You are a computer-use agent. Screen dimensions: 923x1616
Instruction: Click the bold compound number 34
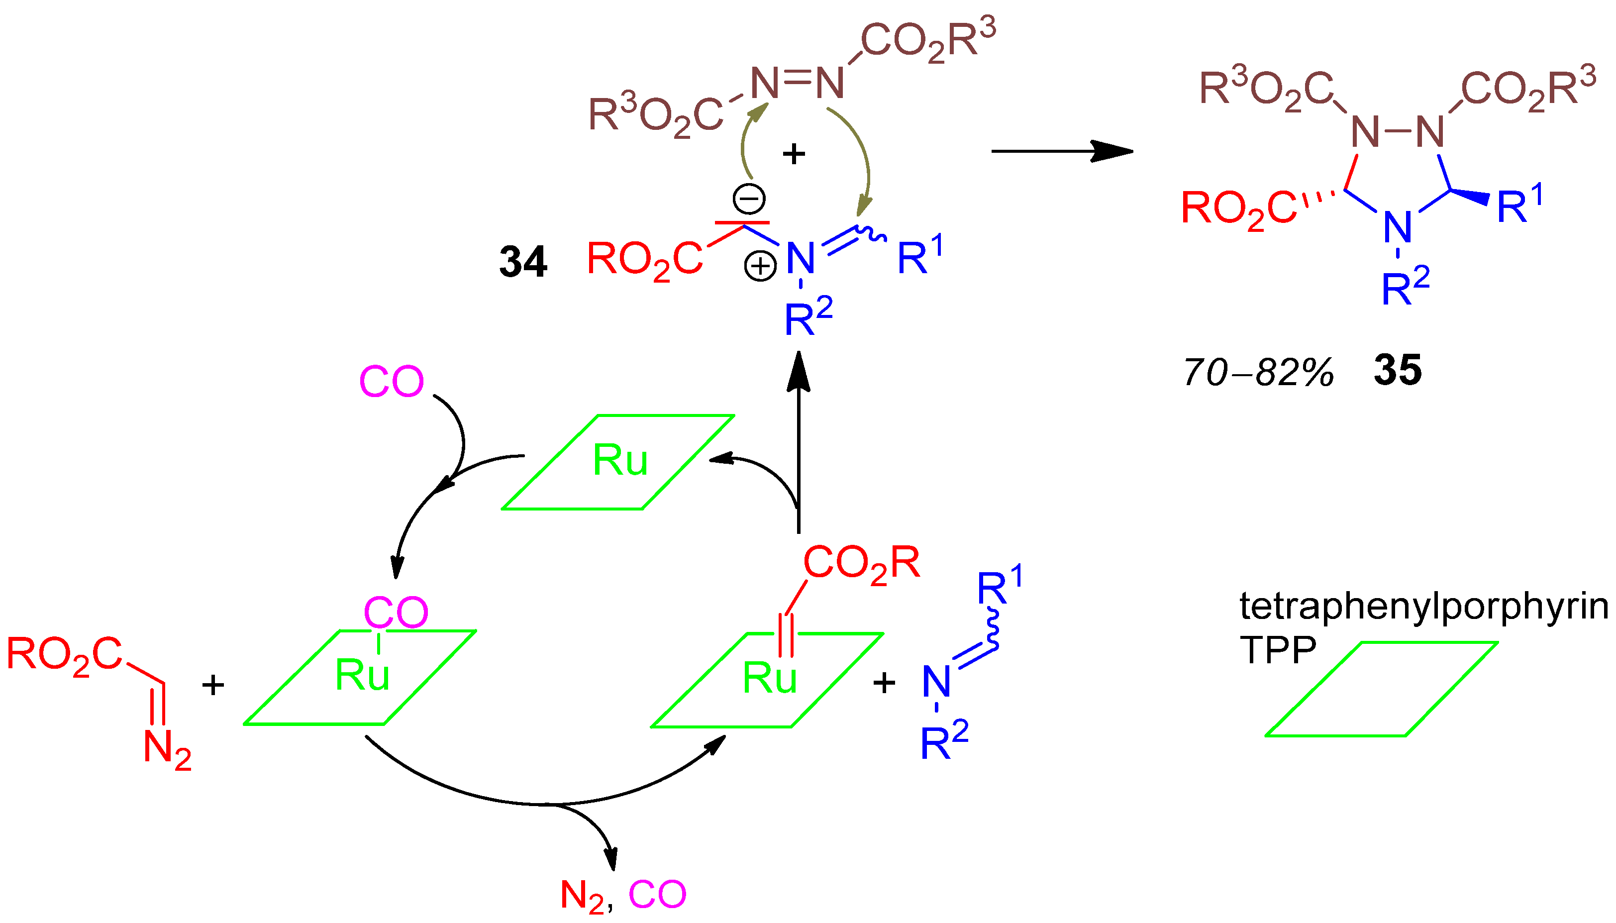[x=523, y=262]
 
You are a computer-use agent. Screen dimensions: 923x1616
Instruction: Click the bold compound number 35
[x=1398, y=370]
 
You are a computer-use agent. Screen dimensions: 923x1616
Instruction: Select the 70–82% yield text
[x=1258, y=373]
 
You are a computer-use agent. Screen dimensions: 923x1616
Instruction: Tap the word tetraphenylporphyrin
[x=1423, y=607]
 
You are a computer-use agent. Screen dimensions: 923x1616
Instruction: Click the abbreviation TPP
[x=1278, y=650]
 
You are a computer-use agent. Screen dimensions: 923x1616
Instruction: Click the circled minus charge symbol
[x=749, y=199]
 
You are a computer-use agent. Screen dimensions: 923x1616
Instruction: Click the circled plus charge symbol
[x=760, y=266]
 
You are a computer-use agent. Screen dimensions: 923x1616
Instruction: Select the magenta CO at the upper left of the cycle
[x=391, y=382]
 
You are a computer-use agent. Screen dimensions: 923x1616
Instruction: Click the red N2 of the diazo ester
[x=167, y=750]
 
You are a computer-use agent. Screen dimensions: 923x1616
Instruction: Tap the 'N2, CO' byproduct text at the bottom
[x=623, y=895]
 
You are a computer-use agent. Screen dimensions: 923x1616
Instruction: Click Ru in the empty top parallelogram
[x=620, y=461]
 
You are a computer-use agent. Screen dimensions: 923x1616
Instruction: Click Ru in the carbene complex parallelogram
[x=769, y=679]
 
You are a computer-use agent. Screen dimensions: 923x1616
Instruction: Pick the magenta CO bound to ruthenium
[x=396, y=613]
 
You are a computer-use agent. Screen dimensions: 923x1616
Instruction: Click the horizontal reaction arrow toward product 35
[x=1061, y=151]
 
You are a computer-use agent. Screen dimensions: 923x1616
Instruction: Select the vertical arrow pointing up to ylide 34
[x=799, y=444]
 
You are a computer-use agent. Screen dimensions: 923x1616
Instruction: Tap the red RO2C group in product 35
[x=1239, y=209]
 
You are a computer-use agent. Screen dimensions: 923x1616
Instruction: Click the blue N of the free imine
[x=936, y=682]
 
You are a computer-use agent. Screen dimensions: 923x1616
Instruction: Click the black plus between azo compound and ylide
[x=794, y=154]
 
